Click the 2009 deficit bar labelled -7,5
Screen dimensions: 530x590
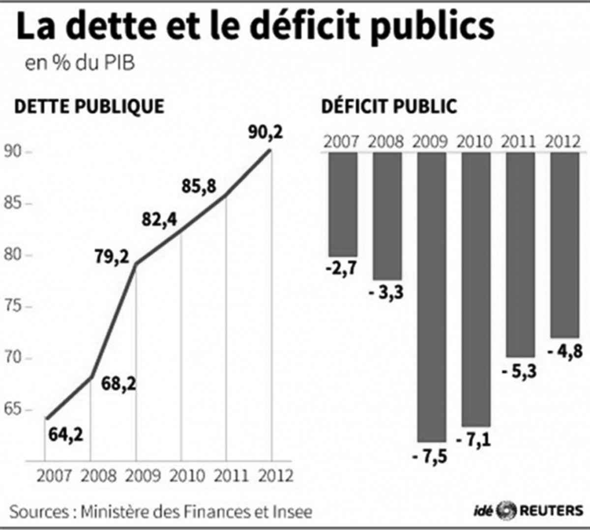[431, 297]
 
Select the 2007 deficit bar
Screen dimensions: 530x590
[343, 204]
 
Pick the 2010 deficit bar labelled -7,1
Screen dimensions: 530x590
[475, 289]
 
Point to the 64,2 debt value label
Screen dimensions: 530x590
[66, 434]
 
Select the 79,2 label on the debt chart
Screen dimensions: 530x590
[112, 256]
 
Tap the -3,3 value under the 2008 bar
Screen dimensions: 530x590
[386, 293]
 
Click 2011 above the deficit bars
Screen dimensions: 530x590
[521, 142]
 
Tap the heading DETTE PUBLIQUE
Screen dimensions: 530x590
[88, 106]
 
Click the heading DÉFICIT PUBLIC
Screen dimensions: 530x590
[389, 106]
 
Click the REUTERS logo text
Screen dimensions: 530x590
[551, 510]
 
